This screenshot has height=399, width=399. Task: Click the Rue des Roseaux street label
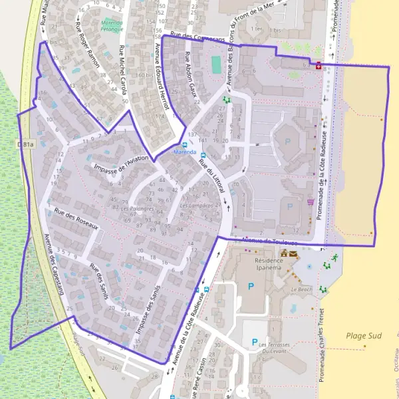76,220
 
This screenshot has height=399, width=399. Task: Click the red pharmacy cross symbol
318,66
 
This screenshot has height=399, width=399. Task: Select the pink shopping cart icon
311,202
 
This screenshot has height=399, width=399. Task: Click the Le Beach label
301,290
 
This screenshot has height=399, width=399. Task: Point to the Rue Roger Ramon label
87,48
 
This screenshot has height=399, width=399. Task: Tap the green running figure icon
336,257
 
